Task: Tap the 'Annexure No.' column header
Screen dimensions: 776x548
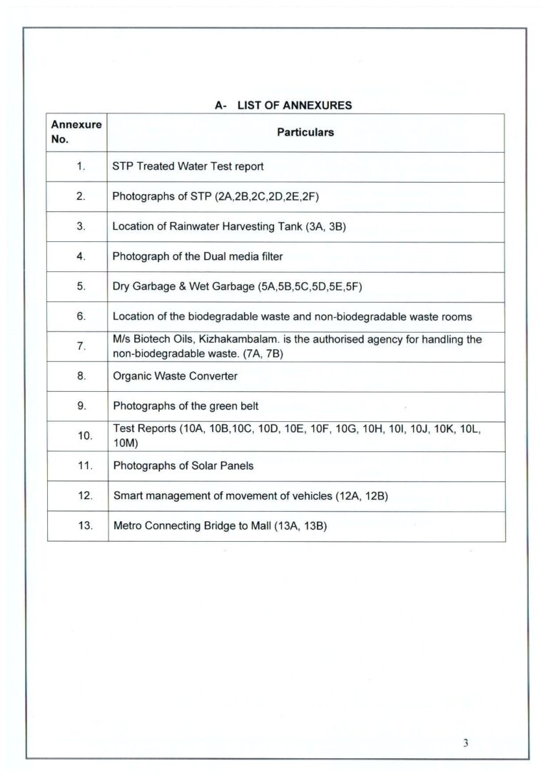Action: tap(76, 132)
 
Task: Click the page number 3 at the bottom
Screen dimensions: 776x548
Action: tap(465, 743)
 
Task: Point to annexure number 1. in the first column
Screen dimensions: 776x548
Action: tap(81, 166)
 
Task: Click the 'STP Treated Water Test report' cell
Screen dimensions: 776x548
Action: tap(188, 166)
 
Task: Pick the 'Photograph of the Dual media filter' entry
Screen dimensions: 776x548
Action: tap(198, 256)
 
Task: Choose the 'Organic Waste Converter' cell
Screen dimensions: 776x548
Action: tap(176, 376)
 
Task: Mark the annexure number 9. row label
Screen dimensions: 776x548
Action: tap(81, 405)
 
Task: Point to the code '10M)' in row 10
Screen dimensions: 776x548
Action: tap(126, 443)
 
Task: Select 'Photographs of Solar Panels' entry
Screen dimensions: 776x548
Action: tap(183, 466)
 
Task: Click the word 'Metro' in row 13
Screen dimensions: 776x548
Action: tap(127, 526)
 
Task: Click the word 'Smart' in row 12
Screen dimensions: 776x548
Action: tap(127, 495)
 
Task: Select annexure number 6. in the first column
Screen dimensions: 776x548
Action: tap(81, 316)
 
